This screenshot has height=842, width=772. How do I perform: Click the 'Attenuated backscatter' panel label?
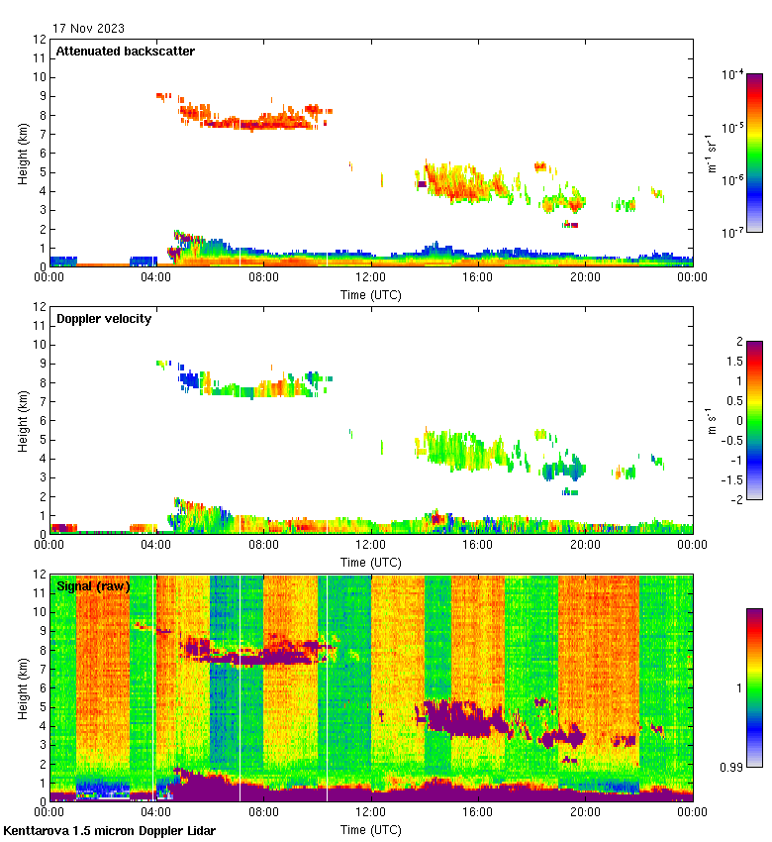pos(126,52)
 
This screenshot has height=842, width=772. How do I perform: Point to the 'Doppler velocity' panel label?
pos(105,319)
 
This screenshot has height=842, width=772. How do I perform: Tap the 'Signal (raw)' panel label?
pos(93,586)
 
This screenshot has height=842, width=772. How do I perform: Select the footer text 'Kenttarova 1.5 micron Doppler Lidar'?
pos(109,830)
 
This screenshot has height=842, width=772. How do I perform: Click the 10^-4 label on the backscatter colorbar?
pos(732,74)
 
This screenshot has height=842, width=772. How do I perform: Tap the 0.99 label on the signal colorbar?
pos(734,767)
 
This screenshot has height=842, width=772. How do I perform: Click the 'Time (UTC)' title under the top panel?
pos(371,294)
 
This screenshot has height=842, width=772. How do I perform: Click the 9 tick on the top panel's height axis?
pos(41,96)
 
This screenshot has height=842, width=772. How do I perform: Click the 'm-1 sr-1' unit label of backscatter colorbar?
pos(711,154)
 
